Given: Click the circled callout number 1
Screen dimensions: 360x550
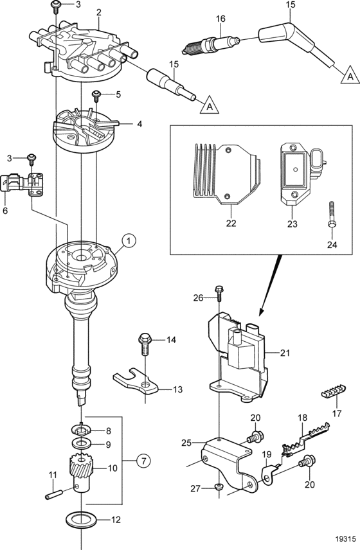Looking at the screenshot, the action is tap(129, 240).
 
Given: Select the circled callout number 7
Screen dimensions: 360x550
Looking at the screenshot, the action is tap(143, 461).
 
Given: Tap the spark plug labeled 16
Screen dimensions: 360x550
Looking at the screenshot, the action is tap(211, 44).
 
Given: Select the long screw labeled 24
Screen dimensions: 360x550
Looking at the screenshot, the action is tap(332, 215).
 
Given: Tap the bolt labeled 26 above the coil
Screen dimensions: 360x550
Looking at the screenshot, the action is tap(219, 294).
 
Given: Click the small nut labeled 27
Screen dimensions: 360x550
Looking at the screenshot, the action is tap(218, 486).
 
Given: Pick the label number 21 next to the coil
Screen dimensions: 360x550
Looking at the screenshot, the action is tap(285, 353).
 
